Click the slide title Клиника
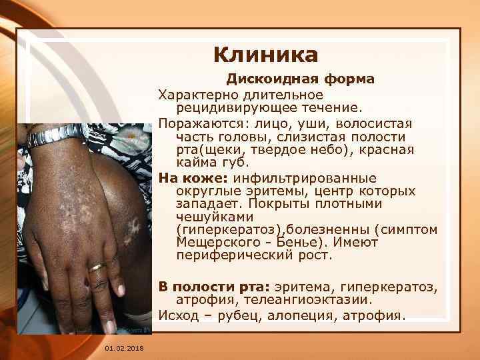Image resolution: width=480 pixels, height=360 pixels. (265, 53)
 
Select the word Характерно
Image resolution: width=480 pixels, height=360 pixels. (194, 95)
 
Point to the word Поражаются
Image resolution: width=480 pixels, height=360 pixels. (194, 124)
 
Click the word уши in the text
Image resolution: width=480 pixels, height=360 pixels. (314, 124)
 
